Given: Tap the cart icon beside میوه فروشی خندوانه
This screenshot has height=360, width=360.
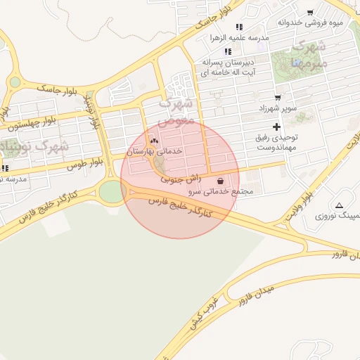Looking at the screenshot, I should pyautogui.click(x=310, y=12).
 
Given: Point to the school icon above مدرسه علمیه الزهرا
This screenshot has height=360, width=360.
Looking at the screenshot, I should pyautogui.click(x=239, y=27).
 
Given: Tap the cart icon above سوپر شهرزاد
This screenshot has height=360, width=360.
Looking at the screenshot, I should pyautogui.click(x=278, y=98).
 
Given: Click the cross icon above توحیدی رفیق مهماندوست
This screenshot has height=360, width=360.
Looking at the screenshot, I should pyautogui.click(x=276, y=127).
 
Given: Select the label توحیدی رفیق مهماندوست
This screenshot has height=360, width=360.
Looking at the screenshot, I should pyautogui.click(x=276, y=143).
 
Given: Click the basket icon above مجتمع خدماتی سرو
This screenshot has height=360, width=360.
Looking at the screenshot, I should pyautogui.click(x=221, y=181).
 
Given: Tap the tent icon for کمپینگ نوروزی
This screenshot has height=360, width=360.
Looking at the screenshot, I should pyautogui.click(x=340, y=206).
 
